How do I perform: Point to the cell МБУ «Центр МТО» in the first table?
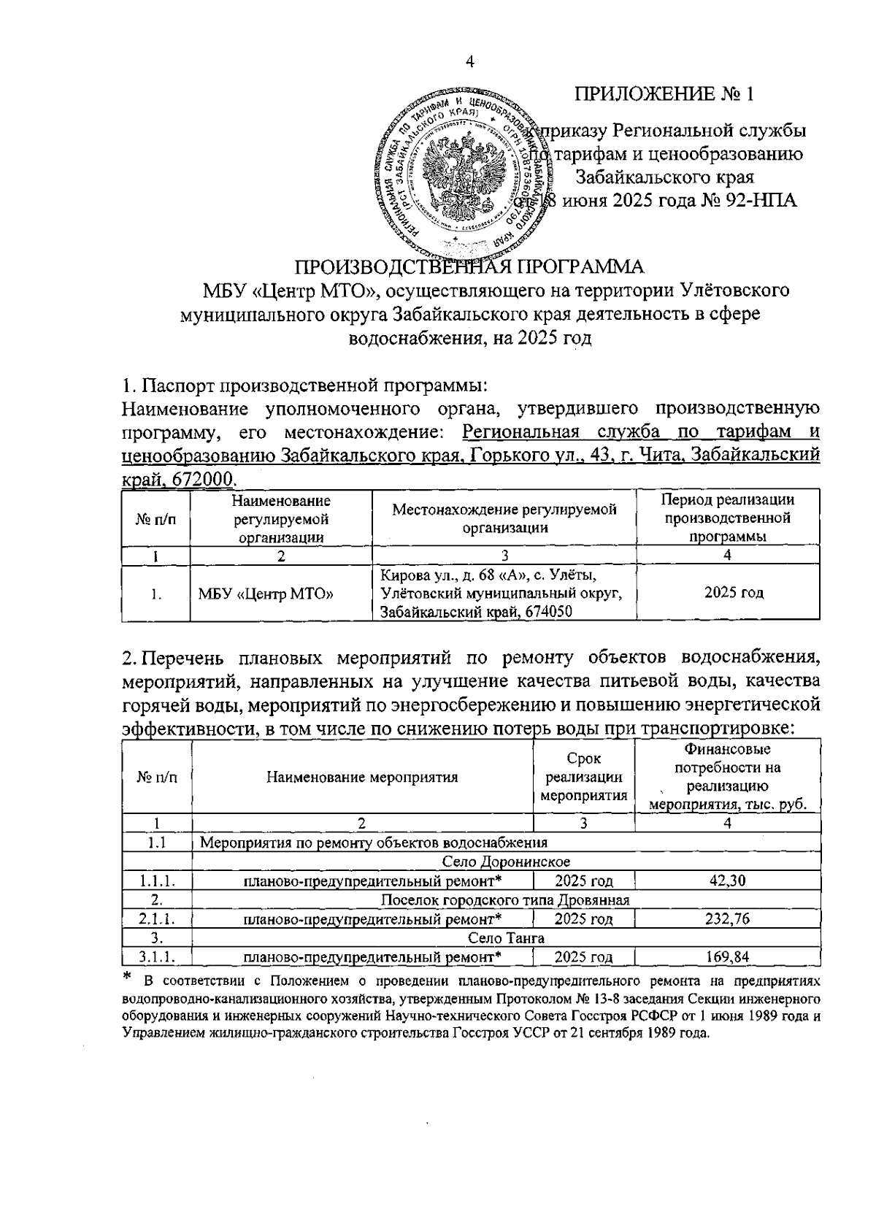[266, 594]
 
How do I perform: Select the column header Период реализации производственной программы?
[727, 518]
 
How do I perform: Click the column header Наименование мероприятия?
[362, 777]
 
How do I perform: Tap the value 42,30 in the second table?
[727, 880]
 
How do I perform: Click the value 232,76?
[727, 918]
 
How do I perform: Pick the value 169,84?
[727, 956]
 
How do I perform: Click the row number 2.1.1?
[157, 918]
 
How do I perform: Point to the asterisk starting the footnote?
[127, 976]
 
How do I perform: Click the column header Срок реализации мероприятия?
[584, 777]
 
